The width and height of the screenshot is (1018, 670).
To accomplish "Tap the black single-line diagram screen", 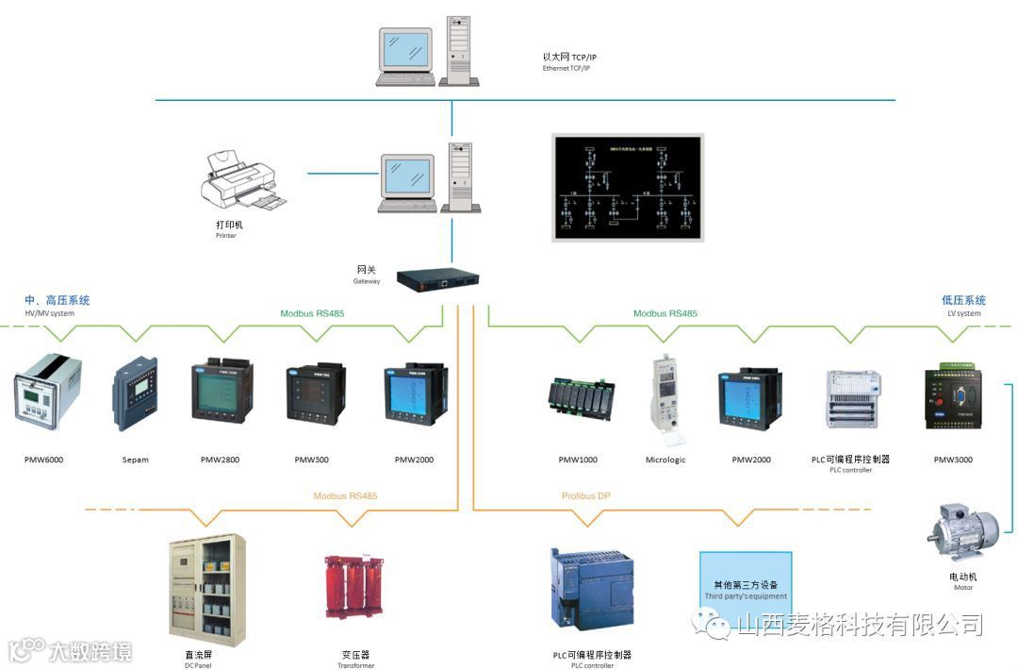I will tap(628, 187).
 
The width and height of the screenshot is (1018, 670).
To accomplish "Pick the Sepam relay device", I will tap(135, 395).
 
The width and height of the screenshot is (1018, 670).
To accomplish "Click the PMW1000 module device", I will tap(582, 395).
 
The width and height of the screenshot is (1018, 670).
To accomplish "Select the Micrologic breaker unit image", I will tap(665, 397).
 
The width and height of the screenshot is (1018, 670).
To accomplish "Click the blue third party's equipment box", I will tap(746, 584).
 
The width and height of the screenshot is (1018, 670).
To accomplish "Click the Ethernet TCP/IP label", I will tap(569, 62).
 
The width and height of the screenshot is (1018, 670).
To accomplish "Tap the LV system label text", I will tap(963, 307).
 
